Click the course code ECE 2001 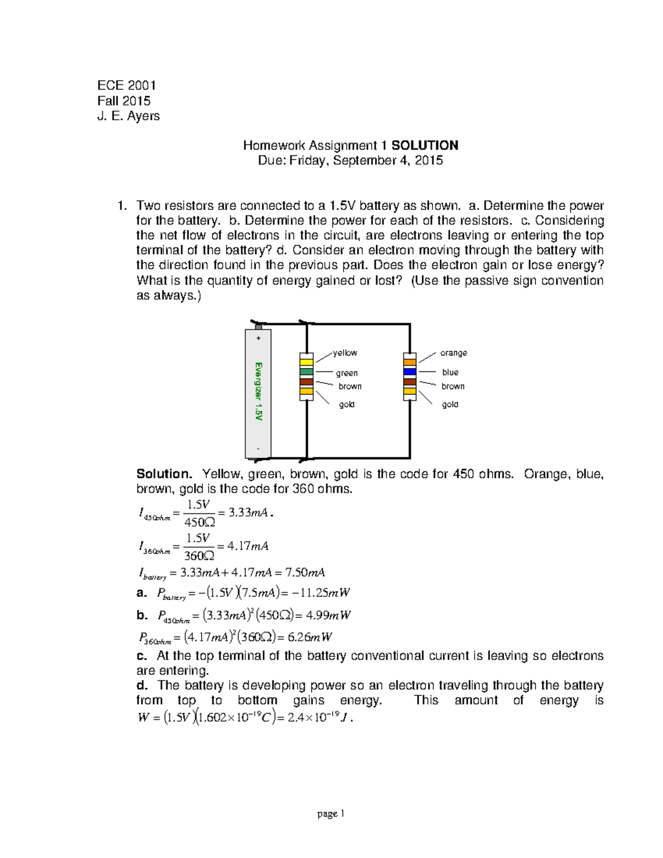(x=127, y=85)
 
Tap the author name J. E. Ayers (x=128, y=116)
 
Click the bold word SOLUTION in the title (x=424, y=145)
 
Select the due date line (x=350, y=160)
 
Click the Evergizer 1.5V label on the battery (x=258, y=391)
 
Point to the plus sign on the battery (x=258, y=338)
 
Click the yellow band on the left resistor (x=306, y=362)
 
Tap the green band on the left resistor (x=306, y=372)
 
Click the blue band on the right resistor (x=409, y=372)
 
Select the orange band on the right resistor (x=409, y=362)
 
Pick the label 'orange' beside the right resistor (x=453, y=353)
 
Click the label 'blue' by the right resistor (x=450, y=372)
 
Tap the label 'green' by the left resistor (x=346, y=373)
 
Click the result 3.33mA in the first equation (x=248, y=513)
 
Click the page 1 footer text (x=330, y=813)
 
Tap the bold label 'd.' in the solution (x=142, y=686)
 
